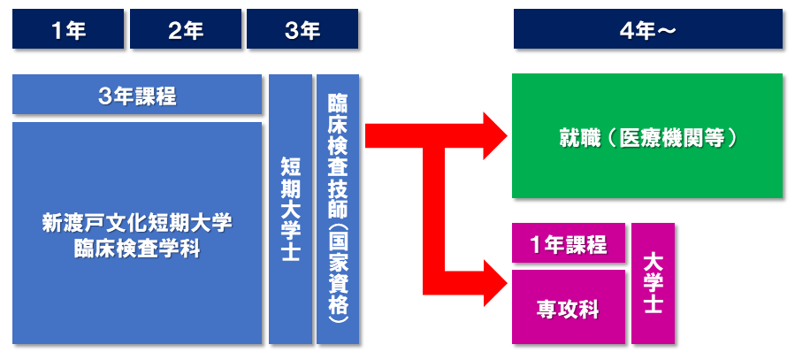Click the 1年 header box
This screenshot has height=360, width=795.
pos(68,29)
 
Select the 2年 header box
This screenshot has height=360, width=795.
pos(185,29)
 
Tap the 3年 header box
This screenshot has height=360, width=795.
pos(302,29)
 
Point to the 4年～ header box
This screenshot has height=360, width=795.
pos(647,29)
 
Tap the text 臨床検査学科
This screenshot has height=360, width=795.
pos(137,249)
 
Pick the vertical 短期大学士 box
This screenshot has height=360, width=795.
pos(289,210)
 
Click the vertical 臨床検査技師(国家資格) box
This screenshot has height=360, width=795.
pos(338,210)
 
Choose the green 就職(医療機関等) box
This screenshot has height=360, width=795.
pos(647,136)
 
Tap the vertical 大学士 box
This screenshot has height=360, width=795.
pos(653,283)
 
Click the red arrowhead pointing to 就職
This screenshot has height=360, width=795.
pos(491,136)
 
